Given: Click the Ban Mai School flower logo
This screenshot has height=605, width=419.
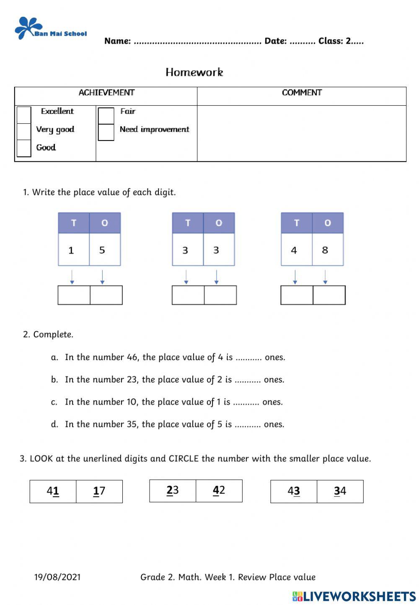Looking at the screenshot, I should pyautogui.click(x=28, y=28).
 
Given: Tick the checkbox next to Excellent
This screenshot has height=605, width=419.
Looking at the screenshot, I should pyautogui.click(x=24, y=114).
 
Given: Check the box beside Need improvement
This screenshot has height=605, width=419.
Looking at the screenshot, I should pyautogui.click(x=106, y=132).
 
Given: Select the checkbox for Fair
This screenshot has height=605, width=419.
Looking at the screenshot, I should pyautogui.click(x=106, y=115).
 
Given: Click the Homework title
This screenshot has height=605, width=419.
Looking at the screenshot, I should pyautogui.click(x=194, y=72).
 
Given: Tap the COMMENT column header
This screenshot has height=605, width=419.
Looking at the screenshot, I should pyautogui.click(x=302, y=93).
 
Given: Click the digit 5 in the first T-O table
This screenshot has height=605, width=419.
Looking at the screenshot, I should pyautogui.click(x=102, y=250).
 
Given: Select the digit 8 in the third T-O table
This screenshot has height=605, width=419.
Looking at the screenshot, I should pyautogui.click(x=325, y=250).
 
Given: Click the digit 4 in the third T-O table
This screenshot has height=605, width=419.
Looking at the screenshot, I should pyautogui.click(x=294, y=250).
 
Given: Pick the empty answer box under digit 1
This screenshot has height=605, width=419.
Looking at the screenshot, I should pyautogui.click(x=74, y=295).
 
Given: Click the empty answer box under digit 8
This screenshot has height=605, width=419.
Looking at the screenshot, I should pyautogui.click(x=329, y=295).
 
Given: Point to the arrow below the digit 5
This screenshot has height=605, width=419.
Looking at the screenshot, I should pyautogui.click(x=102, y=277).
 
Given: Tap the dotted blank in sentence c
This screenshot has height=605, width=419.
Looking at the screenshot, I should pyautogui.click(x=246, y=402).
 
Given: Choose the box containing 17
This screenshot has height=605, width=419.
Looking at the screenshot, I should pyautogui.click(x=99, y=491).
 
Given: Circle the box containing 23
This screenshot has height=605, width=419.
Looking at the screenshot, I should pyautogui.click(x=173, y=491).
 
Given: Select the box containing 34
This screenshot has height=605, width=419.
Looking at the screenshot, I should pyautogui.click(x=340, y=491).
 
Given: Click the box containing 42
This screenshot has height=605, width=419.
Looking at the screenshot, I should pyautogui.click(x=219, y=491).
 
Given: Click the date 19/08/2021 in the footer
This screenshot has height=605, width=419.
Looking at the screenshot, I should pyautogui.click(x=57, y=577).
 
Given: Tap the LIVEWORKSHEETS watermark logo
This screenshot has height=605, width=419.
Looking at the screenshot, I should pyautogui.click(x=354, y=596).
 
